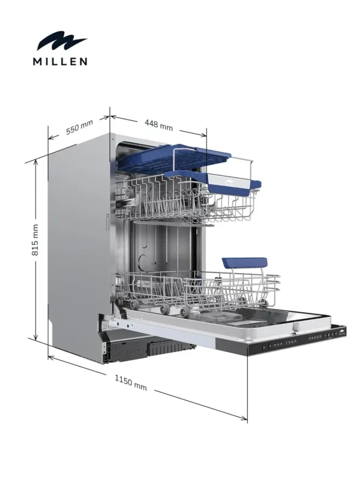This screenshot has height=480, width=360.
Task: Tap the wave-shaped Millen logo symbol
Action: point(62,43)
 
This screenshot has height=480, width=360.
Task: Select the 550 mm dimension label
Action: point(79,127)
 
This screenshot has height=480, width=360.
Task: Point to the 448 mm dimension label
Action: point(158,125)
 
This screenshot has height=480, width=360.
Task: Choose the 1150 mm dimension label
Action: point(131,382)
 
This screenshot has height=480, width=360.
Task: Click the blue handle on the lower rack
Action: point(244,263)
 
